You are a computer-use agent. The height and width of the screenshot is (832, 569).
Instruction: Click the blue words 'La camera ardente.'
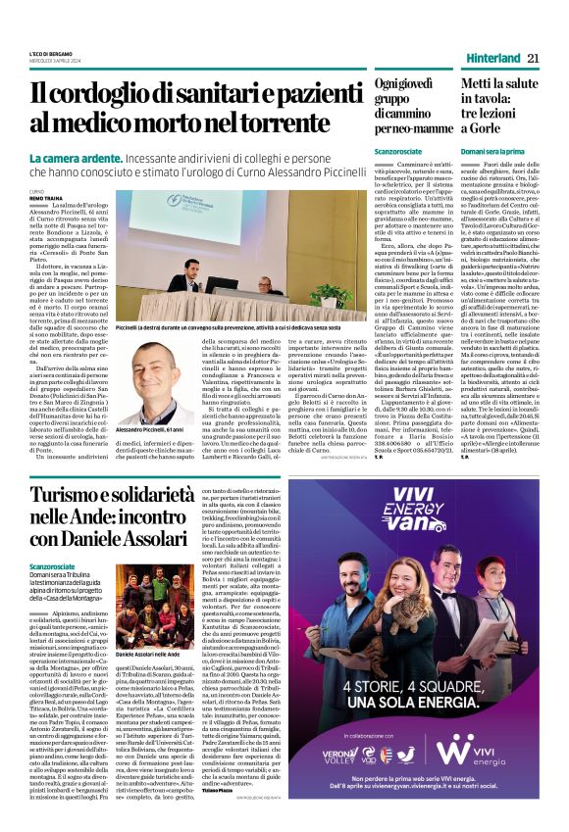tap(67, 158)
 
